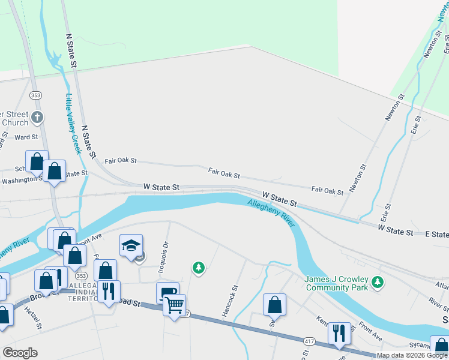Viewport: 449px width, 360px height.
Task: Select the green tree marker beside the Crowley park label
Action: [378, 281]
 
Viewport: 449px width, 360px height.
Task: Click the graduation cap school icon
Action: [131, 245]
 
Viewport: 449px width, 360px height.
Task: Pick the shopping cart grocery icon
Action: [174, 305]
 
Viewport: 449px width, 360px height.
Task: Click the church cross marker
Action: [37, 116]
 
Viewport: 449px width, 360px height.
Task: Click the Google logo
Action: [20, 353]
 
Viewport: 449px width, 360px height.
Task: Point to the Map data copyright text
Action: [412, 355]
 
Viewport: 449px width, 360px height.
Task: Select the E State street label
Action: [436, 233]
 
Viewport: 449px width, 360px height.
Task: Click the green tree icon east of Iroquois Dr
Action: [198, 268]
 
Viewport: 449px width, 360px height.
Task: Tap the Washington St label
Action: [23, 180]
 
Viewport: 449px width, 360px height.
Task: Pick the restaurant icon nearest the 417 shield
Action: [339, 333]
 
